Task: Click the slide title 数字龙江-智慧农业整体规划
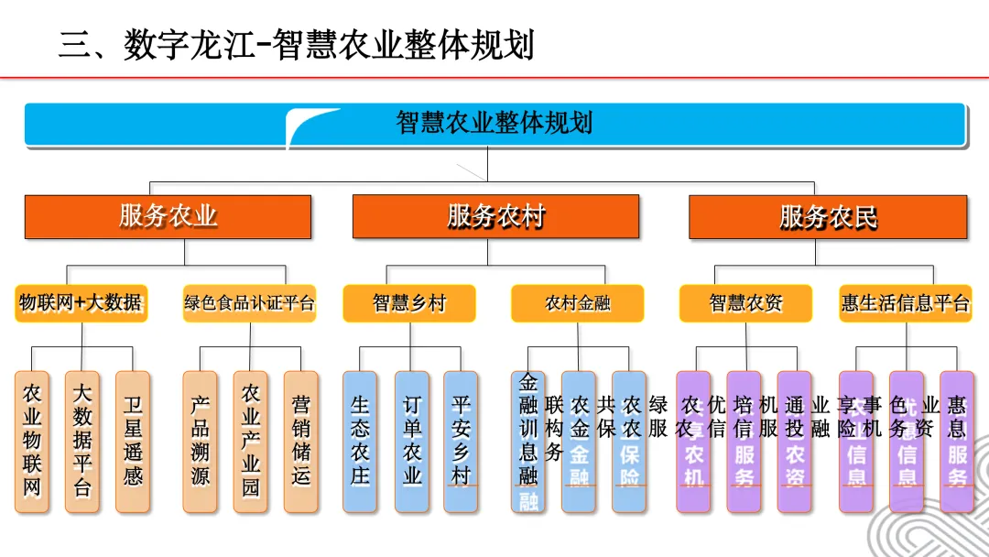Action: (296, 44)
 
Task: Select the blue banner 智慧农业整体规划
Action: (494, 124)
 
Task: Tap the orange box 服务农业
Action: (168, 217)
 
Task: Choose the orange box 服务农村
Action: (495, 217)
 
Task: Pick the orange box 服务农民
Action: (828, 217)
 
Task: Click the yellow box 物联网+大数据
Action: (82, 303)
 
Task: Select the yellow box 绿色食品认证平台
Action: (249, 303)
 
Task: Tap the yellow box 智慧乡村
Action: (409, 303)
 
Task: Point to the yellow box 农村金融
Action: (577, 303)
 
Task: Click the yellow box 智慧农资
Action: (746, 303)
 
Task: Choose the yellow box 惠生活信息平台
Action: (905, 303)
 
